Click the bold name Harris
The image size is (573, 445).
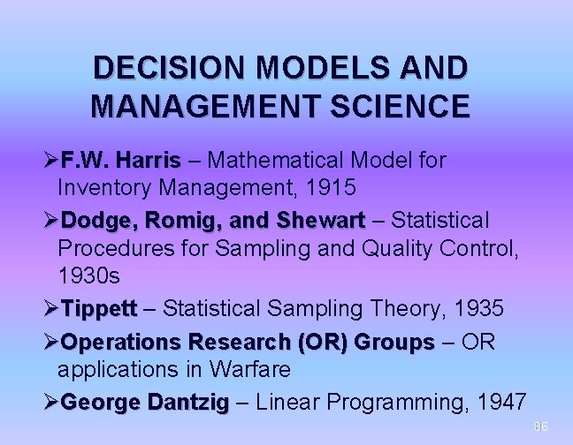pyautogui.click(x=148, y=161)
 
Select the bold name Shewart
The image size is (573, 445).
pyautogui.click(x=320, y=219)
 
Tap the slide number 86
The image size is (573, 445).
pyautogui.click(x=540, y=427)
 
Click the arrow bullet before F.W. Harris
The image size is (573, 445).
pyautogui.click(x=50, y=161)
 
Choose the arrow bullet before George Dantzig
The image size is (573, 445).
pyautogui.click(x=50, y=403)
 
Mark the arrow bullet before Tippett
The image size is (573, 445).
pyautogui.click(x=50, y=308)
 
